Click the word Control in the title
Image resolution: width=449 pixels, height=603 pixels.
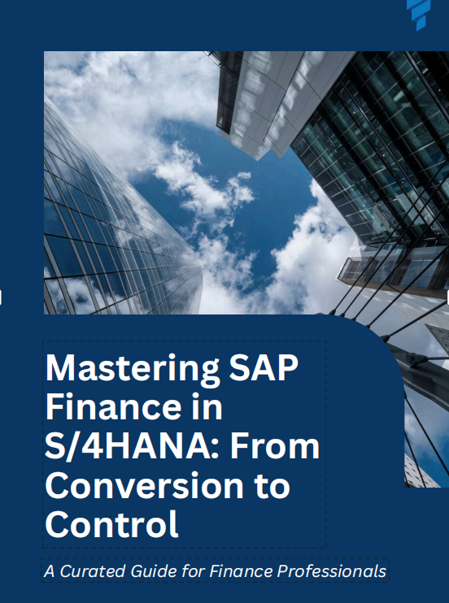tap(111, 524)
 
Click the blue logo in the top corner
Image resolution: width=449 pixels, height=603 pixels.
tap(419, 14)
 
